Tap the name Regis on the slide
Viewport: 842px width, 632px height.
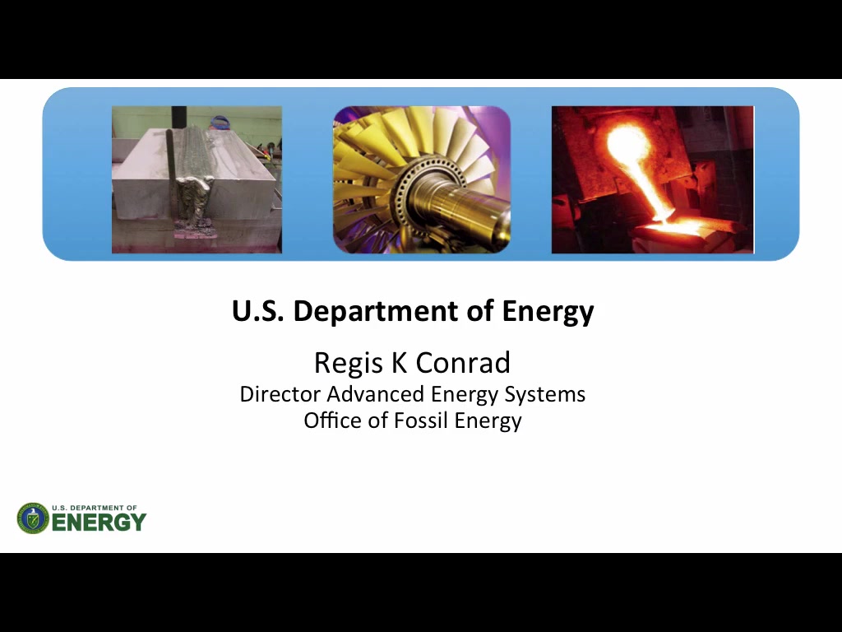349,363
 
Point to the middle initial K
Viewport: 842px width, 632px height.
399,362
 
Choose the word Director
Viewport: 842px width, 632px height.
280,394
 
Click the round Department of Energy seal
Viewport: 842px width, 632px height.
33,518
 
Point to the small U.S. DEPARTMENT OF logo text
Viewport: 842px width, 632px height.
95,507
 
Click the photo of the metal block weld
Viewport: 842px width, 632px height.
197,179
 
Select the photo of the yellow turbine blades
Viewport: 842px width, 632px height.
422,179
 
